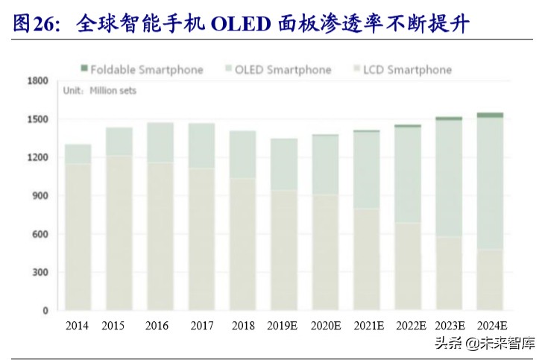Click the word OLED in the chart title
[x=239, y=25]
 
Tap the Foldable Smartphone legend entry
[x=142, y=69]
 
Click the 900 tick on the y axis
[x=39, y=196]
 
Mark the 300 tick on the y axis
[x=39, y=273]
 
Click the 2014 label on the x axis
[x=78, y=326]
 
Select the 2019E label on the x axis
[x=283, y=326]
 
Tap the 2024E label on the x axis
[x=491, y=326]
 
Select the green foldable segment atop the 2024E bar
[x=490, y=115]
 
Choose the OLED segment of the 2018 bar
[x=242, y=154]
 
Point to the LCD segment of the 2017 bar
[x=201, y=239]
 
